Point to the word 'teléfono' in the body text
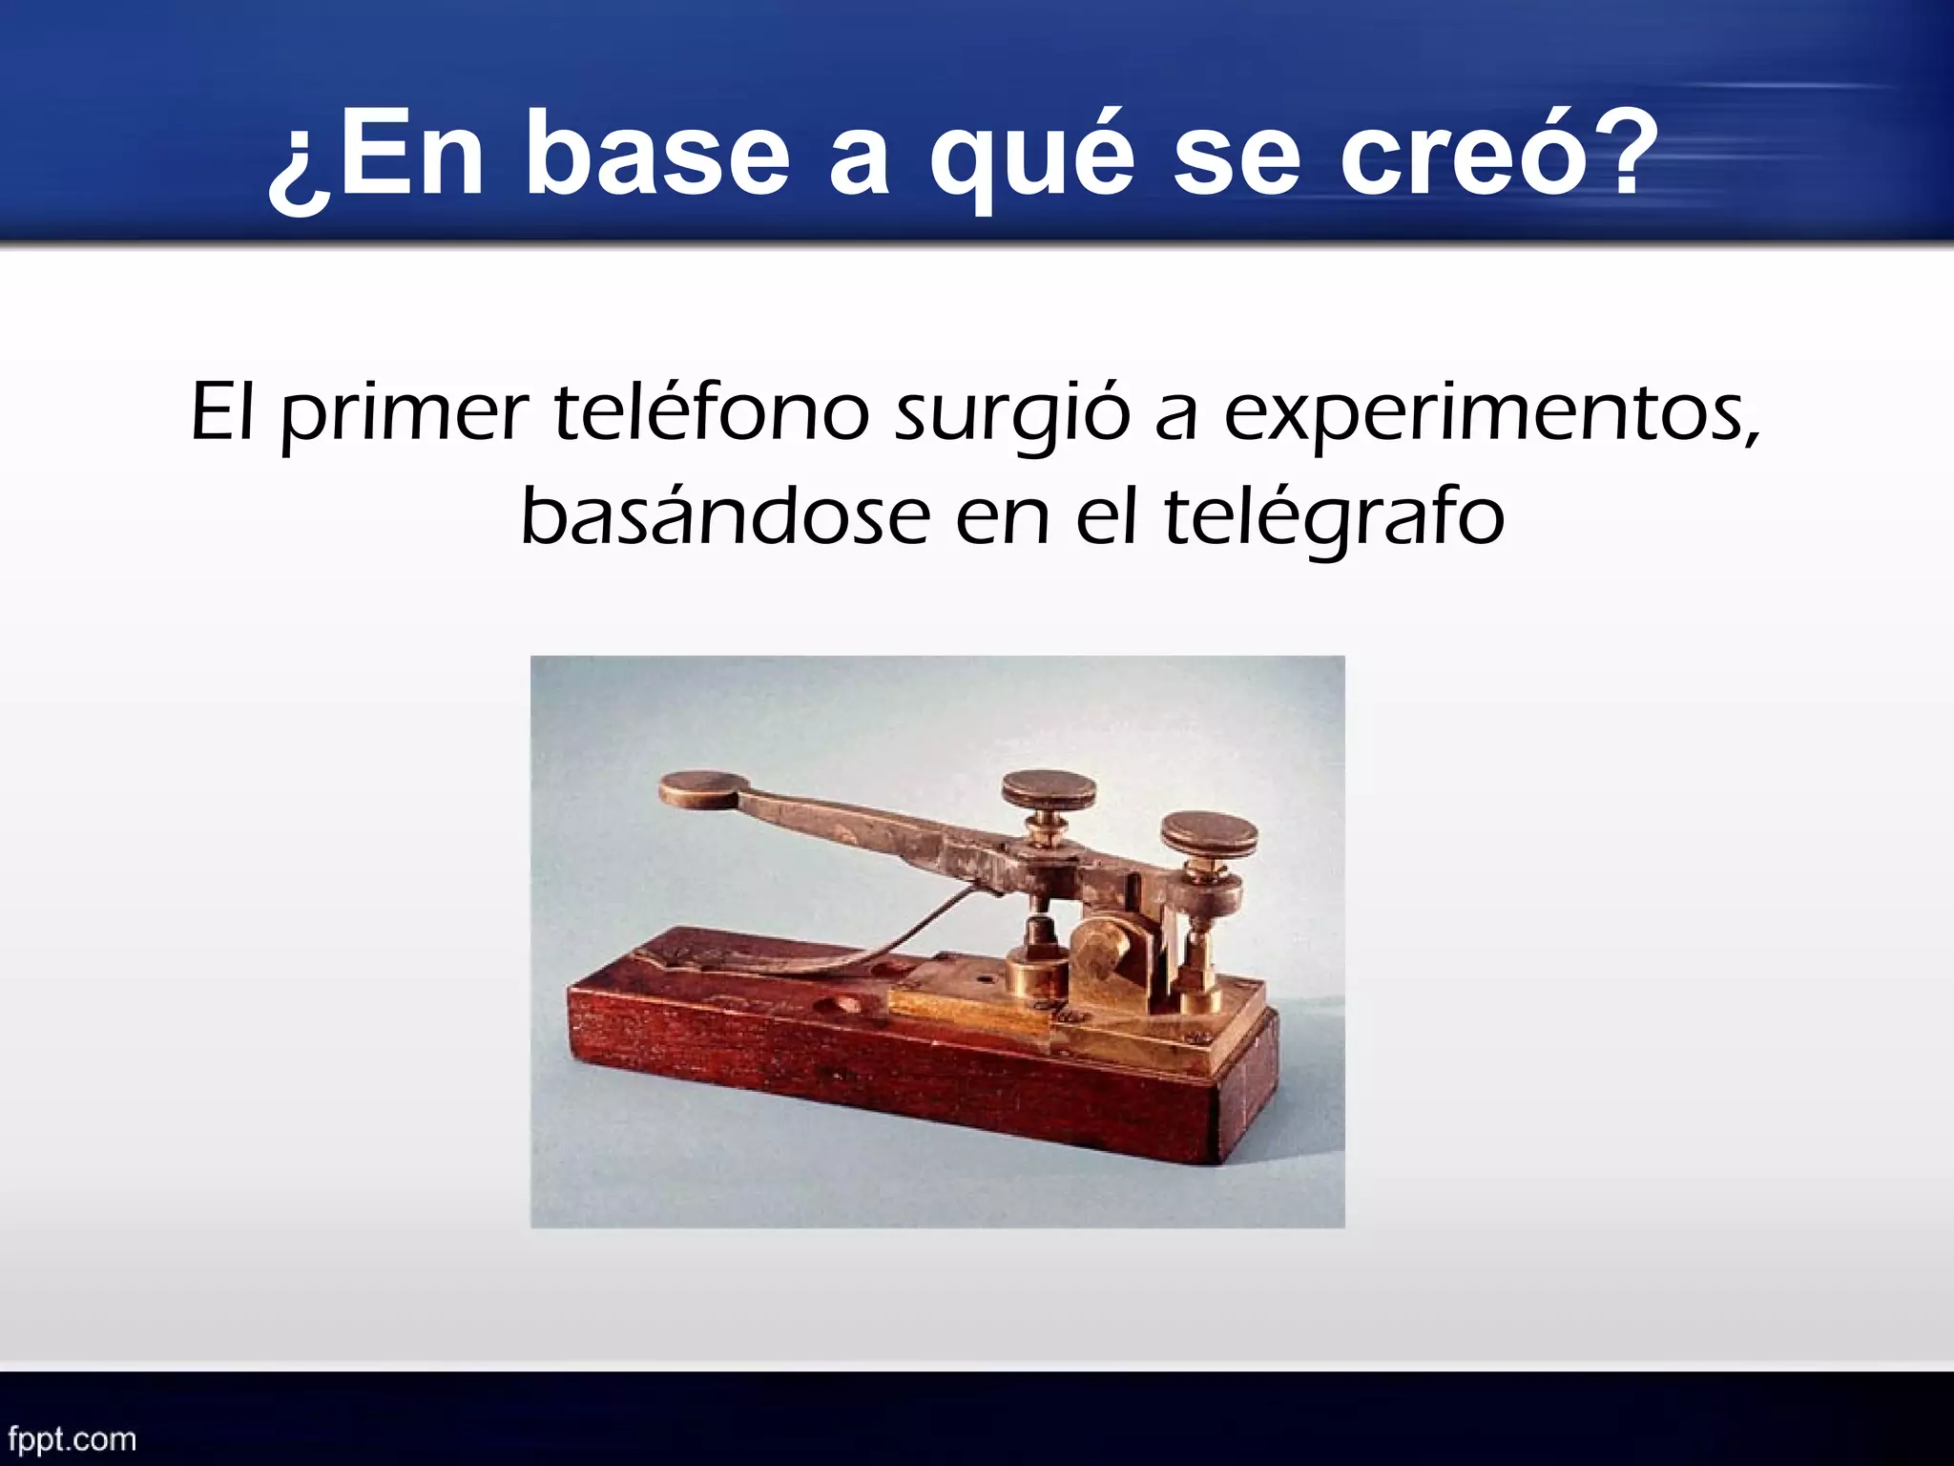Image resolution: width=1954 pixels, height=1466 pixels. [x=711, y=412]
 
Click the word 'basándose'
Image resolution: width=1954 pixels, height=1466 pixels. [x=725, y=517]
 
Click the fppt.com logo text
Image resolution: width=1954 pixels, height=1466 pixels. [x=72, y=1438]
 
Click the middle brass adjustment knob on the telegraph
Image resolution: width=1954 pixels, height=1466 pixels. [x=1048, y=789]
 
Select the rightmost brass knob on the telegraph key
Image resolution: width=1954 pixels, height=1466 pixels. [x=1208, y=832]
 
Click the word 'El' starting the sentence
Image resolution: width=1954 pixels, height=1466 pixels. [x=222, y=412]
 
